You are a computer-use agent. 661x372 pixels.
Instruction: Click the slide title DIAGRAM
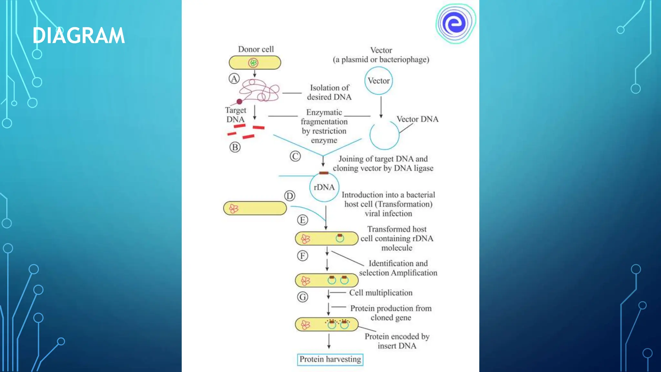78,36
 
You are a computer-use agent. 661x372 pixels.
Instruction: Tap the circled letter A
234,78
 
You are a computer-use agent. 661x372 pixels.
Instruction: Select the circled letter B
235,147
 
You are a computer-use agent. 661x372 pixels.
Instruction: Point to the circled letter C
295,156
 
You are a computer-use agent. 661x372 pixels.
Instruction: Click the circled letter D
290,196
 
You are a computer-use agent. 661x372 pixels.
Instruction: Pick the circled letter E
302,220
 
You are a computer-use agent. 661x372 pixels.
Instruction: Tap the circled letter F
302,256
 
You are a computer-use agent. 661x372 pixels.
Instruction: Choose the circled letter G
302,297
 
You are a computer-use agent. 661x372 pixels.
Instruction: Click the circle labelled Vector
379,81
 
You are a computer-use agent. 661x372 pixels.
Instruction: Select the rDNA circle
324,187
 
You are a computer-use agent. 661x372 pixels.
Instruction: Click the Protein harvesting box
330,359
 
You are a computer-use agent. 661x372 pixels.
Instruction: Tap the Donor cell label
256,49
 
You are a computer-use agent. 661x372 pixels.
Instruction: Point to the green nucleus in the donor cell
253,63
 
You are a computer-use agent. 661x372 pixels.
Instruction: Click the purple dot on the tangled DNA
239,102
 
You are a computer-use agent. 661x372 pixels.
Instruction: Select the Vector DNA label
417,119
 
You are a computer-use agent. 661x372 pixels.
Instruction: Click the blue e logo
455,23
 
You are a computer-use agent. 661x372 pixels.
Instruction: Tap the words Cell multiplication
381,293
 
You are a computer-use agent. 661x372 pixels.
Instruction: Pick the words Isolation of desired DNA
329,92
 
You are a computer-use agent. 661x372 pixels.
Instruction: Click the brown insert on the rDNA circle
324,173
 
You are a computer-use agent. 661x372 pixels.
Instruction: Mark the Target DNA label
236,115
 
